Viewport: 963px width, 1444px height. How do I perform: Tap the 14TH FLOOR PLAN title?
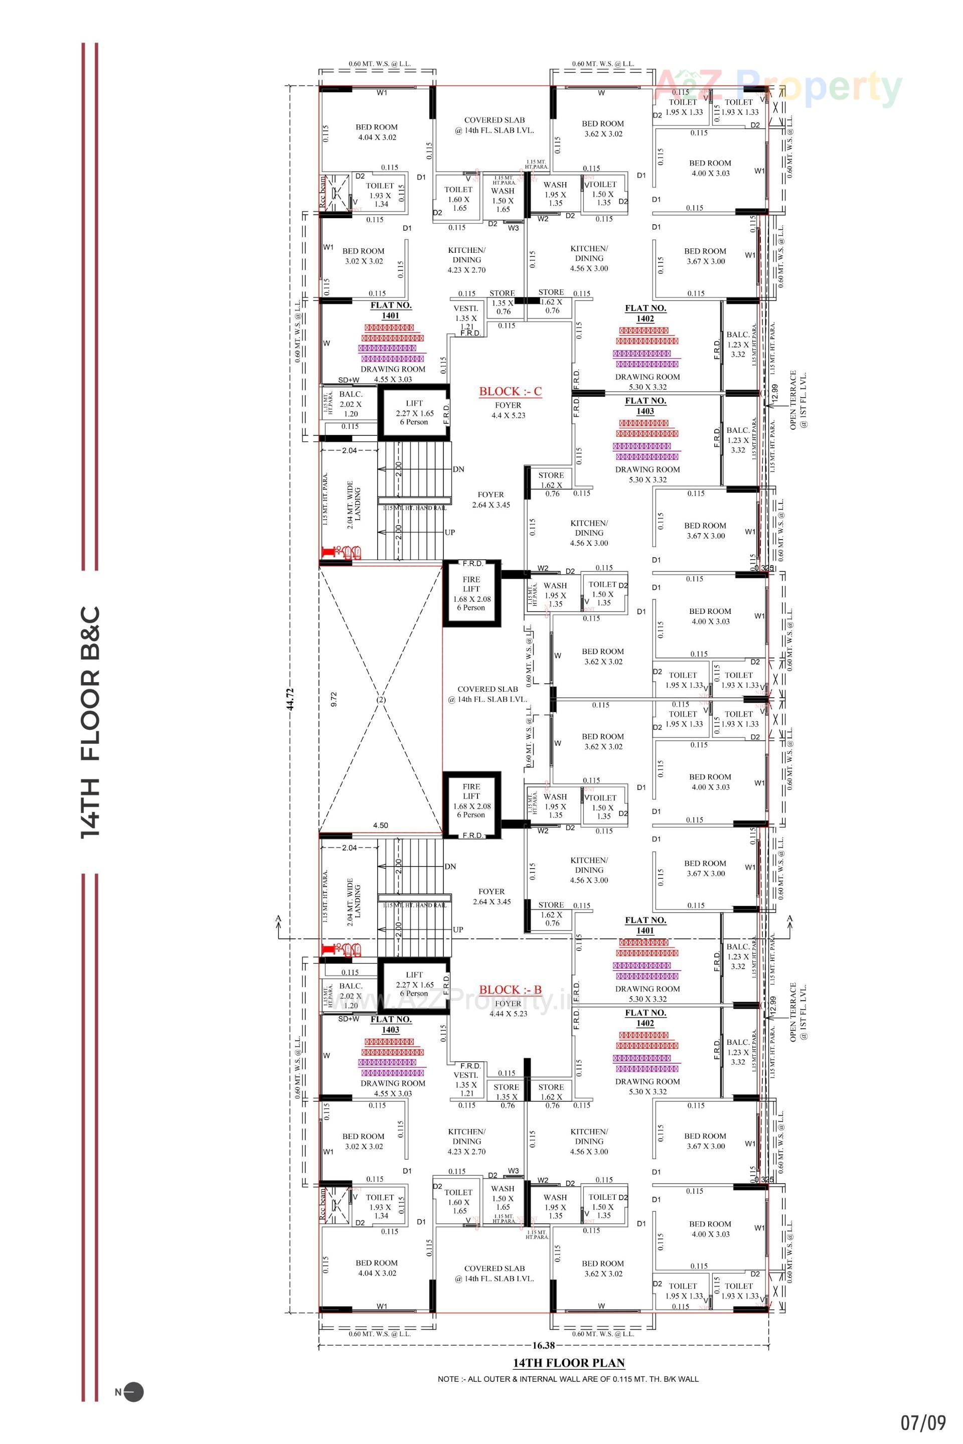click(569, 1363)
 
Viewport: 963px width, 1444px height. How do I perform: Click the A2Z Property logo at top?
click(779, 88)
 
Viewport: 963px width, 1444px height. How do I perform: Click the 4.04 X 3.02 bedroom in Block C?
click(377, 132)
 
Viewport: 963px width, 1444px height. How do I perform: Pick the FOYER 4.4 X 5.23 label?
click(508, 410)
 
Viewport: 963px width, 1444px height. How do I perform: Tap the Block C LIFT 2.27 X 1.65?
click(415, 413)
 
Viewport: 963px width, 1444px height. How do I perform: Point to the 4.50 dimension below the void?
click(380, 826)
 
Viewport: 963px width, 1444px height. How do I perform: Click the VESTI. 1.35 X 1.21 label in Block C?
click(466, 317)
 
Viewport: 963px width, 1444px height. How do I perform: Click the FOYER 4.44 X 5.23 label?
click(508, 1009)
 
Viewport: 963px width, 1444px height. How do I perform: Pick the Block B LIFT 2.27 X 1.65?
click(415, 984)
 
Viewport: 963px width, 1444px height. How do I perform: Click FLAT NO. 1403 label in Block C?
click(645, 406)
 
